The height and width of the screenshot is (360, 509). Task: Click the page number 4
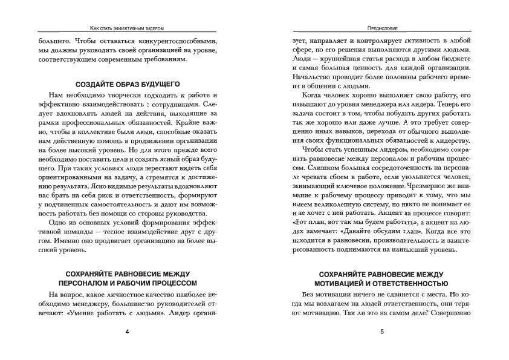(x=127, y=332)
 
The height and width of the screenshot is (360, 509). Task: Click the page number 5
(x=381, y=332)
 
